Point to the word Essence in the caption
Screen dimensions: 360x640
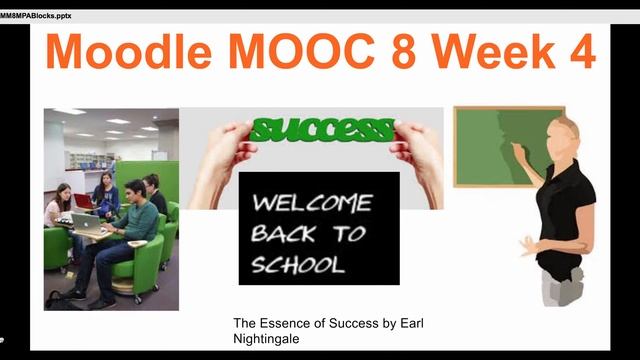pos(286,324)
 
